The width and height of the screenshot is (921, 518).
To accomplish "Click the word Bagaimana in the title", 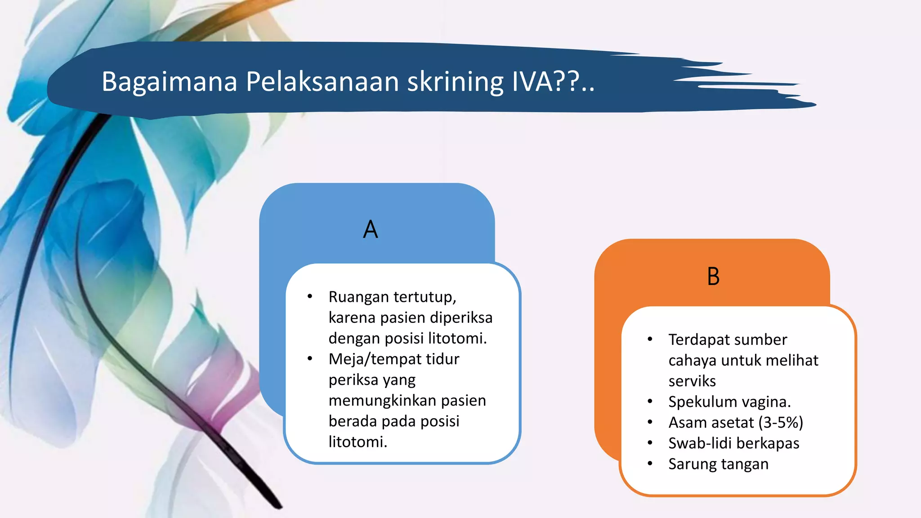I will (169, 82).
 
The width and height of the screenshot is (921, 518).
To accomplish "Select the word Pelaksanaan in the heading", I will (322, 82).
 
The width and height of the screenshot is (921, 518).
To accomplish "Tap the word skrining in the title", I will (455, 82).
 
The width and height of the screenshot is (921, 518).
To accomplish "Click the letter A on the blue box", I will (371, 229).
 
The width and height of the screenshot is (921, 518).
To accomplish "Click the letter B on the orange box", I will (713, 277).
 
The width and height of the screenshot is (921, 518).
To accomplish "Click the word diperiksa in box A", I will (461, 318).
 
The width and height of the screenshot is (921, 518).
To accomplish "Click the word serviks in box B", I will (692, 381).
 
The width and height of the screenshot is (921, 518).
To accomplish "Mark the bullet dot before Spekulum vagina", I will (650, 401).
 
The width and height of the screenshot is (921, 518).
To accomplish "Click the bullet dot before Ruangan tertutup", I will (310, 296).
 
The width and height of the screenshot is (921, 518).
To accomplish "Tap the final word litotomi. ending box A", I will (358, 442).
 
